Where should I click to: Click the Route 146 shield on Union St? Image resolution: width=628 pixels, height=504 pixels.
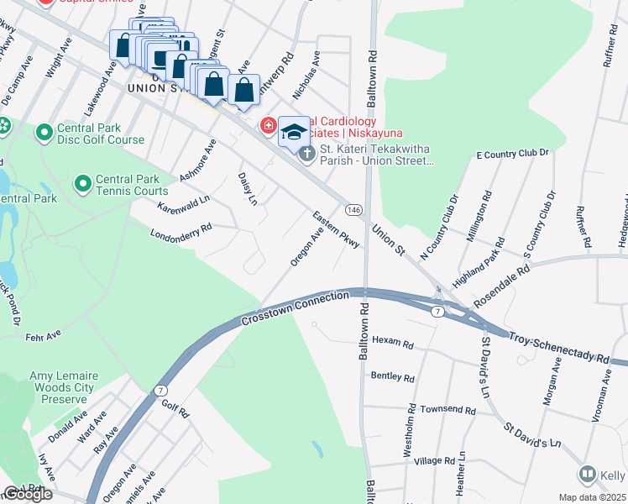(353, 207)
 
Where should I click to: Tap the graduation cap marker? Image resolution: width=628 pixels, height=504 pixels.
(294, 132)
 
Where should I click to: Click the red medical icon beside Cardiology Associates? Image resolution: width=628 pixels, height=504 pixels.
(268, 126)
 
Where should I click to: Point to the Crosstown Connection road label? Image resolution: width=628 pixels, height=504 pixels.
(295, 308)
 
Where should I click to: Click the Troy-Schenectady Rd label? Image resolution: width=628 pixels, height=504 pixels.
(558, 346)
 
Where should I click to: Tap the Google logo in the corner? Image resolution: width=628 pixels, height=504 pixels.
(28, 494)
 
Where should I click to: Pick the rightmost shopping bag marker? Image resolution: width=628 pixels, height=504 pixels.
(243, 91)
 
